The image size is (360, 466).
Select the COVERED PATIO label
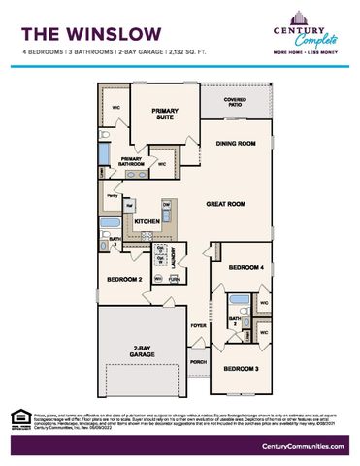pyautogui.click(x=234, y=101)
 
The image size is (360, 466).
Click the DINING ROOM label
pyautogui.click(x=235, y=143)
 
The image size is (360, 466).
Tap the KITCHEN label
pyautogui.click(x=147, y=222)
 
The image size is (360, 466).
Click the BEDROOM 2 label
pyautogui.click(x=124, y=280)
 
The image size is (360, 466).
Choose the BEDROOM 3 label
pyautogui.click(x=240, y=369)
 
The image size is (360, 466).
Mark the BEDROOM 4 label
pyautogui.click(x=246, y=267)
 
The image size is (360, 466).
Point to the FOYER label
pyautogui.click(x=198, y=325)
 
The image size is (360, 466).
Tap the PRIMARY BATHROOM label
pyautogui.click(x=132, y=161)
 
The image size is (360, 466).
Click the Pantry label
pyautogui.click(x=113, y=196)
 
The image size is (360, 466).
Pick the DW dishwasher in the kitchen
pyautogui.click(x=167, y=203)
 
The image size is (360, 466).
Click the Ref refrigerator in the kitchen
pyautogui.click(x=128, y=205)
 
